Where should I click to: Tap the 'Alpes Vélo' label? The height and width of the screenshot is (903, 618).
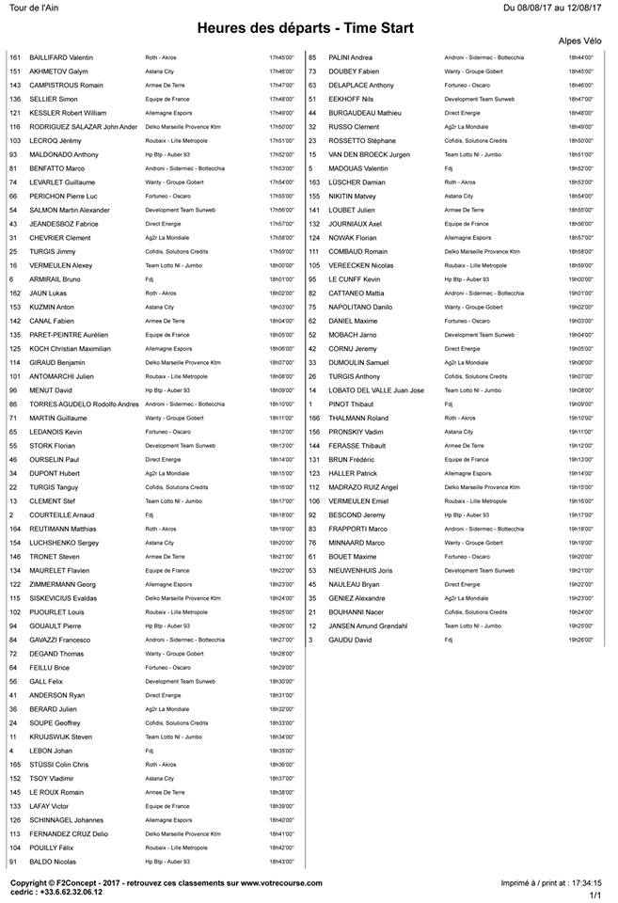[584, 42]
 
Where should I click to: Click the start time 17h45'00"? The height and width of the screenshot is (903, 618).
[281, 57]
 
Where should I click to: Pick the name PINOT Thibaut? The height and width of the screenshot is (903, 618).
[350, 404]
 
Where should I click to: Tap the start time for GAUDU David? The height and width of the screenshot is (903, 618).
[580, 640]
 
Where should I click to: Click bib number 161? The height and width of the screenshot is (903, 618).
[14, 57]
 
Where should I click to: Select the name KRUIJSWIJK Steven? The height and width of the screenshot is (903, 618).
[62, 737]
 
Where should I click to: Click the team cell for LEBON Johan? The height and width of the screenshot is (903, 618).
[150, 751]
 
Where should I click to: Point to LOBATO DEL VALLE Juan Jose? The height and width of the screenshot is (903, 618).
[375, 389]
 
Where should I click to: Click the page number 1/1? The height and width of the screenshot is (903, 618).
[595, 895]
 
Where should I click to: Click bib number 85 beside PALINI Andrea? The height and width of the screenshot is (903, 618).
[312, 57]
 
